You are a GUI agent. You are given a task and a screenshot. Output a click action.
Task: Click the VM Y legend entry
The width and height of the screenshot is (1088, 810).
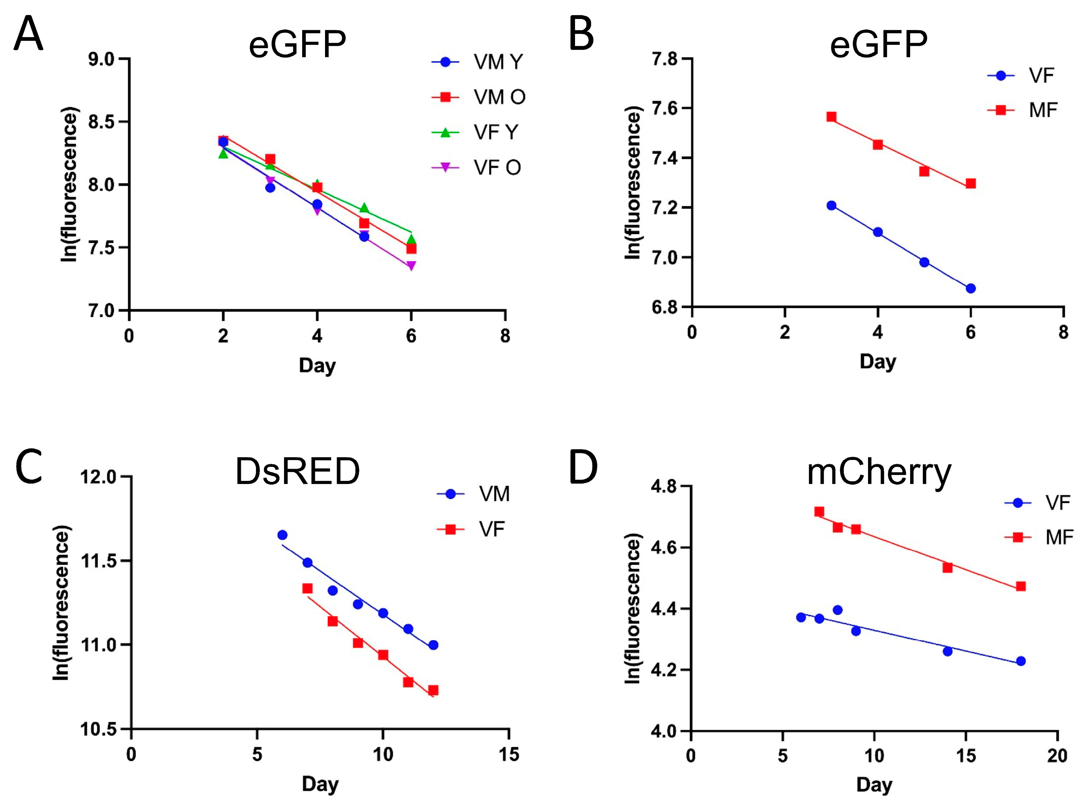point(497,62)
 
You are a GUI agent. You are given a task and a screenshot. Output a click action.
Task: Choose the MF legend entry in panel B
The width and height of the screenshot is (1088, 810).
point(1042,110)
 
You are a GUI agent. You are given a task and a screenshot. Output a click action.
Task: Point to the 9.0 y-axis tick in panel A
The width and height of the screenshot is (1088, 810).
point(101,59)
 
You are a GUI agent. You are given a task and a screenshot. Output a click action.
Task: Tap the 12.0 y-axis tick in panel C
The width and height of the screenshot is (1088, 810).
point(100,477)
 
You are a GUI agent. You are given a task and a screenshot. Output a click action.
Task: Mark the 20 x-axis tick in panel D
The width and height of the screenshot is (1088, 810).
point(1057,756)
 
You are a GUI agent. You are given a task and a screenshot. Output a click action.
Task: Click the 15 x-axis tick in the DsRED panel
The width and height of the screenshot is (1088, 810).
point(508,754)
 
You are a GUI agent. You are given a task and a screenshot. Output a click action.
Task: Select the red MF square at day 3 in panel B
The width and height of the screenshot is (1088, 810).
point(831,117)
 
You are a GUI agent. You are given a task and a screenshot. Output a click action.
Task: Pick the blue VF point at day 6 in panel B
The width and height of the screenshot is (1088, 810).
point(970,288)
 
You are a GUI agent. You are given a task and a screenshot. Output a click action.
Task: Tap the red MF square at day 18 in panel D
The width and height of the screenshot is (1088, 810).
point(1020,587)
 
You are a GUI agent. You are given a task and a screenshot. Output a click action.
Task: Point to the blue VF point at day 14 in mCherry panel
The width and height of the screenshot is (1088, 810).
point(947,652)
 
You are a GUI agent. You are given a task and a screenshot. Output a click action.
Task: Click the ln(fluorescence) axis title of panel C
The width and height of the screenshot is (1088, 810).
point(62,603)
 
